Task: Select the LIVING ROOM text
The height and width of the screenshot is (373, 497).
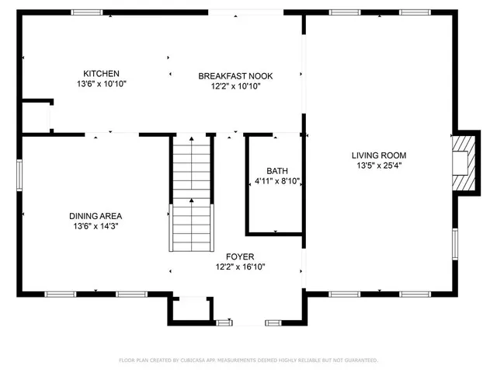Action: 378,155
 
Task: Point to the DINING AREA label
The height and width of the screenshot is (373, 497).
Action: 96,216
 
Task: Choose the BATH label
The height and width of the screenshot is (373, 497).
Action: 277,171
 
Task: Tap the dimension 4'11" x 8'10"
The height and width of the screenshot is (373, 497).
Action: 277,181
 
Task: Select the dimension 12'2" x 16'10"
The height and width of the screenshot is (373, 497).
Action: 240,267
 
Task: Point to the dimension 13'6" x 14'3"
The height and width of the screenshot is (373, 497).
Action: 96,226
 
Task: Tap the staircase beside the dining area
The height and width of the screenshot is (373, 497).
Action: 191,192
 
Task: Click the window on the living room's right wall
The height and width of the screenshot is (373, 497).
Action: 455,242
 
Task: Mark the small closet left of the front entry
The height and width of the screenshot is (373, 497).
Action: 189,311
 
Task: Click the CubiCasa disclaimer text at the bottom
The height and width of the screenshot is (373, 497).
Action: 248,361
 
